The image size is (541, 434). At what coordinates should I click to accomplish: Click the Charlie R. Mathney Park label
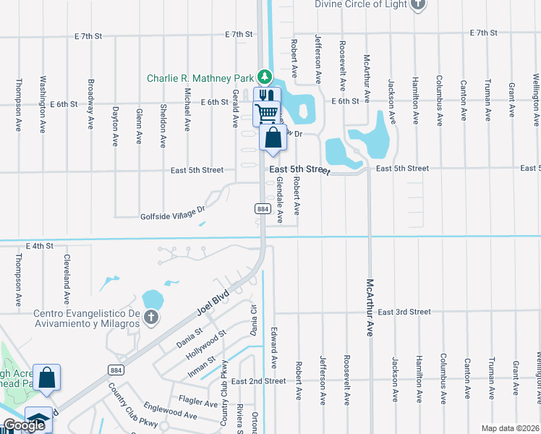click(200, 77)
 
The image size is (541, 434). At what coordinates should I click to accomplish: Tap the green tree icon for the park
click(265, 77)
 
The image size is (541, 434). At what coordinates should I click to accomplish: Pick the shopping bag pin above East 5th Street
click(273, 137)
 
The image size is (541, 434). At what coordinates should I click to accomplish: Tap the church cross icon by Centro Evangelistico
click(150, 317)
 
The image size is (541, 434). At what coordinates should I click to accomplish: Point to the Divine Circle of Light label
click(360, 4)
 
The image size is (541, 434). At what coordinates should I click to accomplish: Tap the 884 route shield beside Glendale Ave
click(263, 208)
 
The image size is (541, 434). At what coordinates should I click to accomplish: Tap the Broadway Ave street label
click(90, 103)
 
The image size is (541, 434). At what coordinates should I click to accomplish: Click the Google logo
click(24, 425)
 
